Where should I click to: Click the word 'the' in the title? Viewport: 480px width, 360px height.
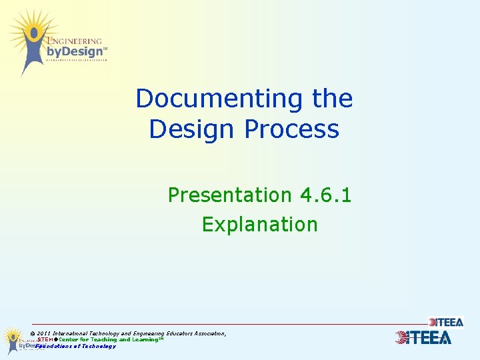[332, 99]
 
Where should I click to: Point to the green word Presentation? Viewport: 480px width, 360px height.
[229, 195]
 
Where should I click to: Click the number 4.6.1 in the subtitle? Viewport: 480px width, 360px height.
[325, 195]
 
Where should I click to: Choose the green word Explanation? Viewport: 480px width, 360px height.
[259, 224]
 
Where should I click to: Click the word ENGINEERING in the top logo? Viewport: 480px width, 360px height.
[74, 41]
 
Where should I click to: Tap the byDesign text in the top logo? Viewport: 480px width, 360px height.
[74, 51]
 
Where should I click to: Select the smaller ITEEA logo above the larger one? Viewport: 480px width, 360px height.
[446, 322]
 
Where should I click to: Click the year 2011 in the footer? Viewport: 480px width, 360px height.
[44, 333]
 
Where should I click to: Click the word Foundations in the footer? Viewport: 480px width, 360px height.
[51, 346]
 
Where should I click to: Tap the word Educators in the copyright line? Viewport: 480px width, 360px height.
[177, 333]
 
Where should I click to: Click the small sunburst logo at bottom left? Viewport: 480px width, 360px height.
[13, 339]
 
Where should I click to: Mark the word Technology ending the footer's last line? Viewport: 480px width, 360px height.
[100, 346]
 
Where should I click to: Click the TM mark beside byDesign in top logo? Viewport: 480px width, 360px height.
[105, 49]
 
